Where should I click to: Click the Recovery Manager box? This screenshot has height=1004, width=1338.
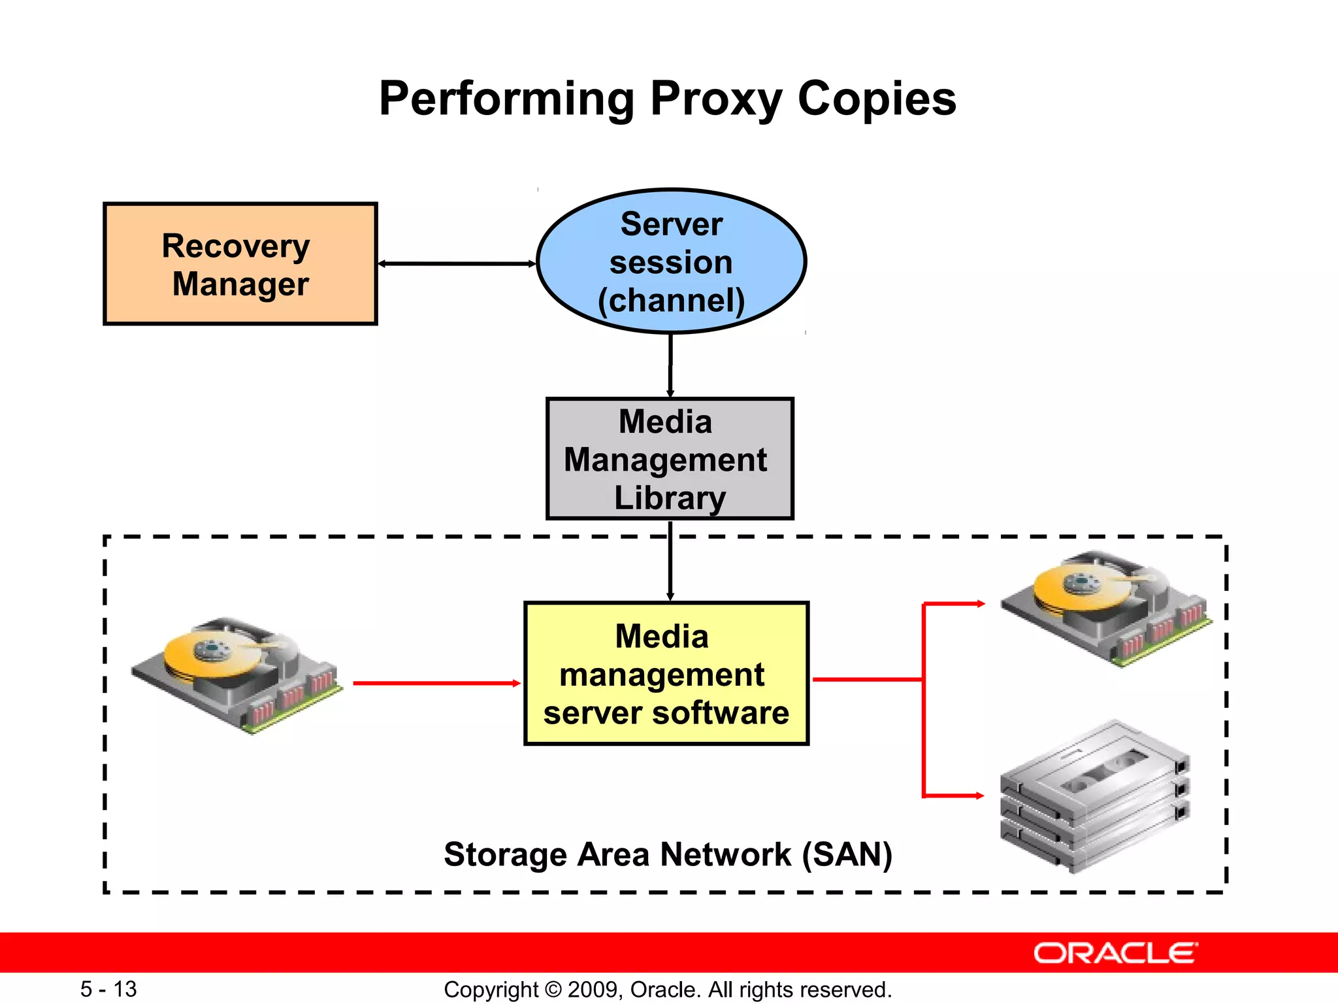(240, 264)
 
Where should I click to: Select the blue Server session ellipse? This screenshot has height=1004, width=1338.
(671, 261)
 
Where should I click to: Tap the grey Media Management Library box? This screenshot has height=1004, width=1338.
(670, 459)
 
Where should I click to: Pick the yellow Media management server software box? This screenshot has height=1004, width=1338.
(666, 674)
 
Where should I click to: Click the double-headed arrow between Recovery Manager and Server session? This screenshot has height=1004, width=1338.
(457, 263)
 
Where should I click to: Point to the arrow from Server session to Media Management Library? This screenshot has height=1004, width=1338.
(670, 366)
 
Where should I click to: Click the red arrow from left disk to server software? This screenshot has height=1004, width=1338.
(436, 683)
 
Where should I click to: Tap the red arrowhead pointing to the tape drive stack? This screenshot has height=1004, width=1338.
(979, 795)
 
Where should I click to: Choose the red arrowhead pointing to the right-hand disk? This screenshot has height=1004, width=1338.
(979, 604)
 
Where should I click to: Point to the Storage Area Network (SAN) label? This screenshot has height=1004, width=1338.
(668, 854)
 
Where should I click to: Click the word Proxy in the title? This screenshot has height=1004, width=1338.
(716, 99)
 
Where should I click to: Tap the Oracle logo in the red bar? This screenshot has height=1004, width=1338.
(1115, 953)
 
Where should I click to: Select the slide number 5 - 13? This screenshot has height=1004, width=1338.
(108, 989)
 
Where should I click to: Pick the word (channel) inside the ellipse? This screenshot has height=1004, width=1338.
(671, 300)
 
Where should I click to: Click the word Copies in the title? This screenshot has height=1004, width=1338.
(877, 99)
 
